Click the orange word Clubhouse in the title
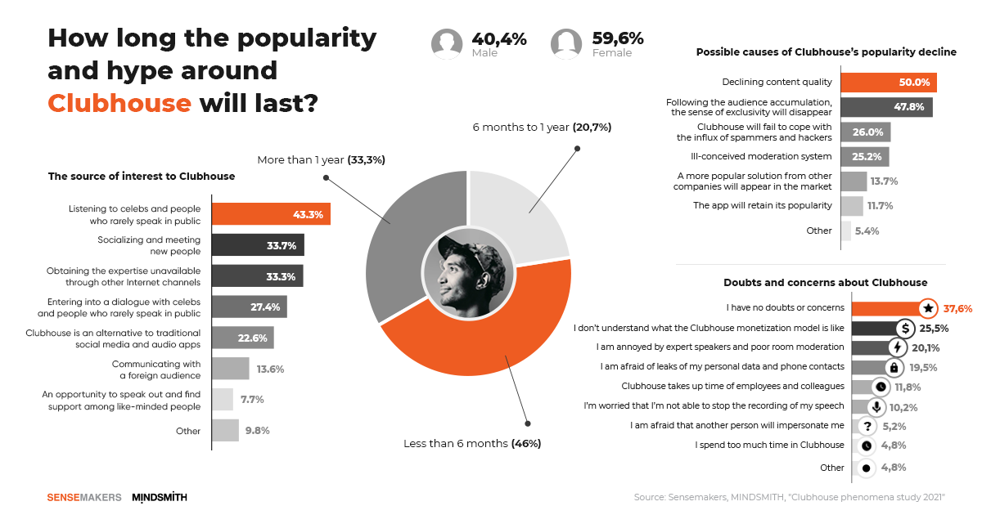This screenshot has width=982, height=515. point(119,105)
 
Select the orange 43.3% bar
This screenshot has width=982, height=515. point(271,214)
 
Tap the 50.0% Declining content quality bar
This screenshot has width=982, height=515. point(888,82)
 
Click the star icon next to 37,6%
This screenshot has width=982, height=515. point(927,308)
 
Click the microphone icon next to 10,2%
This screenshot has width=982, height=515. point(876,406)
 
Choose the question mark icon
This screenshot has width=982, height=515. point(867,426)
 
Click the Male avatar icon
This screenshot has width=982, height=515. point(447,44)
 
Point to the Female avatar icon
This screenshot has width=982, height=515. point(566,44)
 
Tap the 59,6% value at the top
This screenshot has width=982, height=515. point(618,38)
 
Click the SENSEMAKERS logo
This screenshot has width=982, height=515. point(84,497)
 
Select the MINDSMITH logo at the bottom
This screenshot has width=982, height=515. point(159,497)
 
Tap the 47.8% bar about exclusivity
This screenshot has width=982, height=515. point(886,107)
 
